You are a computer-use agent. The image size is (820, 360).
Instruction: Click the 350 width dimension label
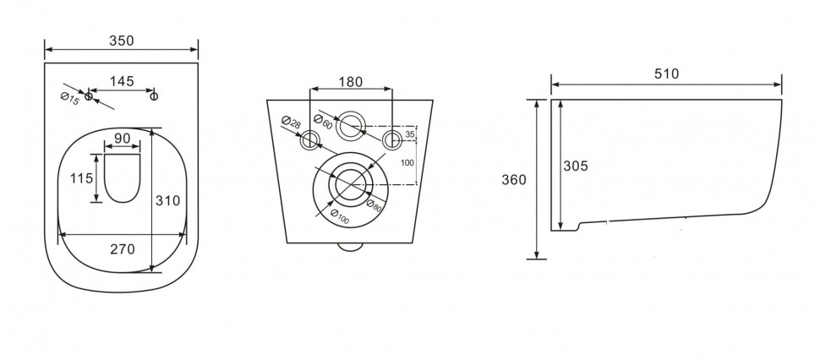click(x=122, y=41)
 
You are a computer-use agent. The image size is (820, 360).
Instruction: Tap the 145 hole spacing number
click(x=122, y=81)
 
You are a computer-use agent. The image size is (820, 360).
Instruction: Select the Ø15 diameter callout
click(x=69, y=99)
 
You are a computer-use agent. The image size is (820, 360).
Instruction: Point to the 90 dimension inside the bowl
click(x=122, y=139)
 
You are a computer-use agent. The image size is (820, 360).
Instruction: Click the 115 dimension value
click(x=82, y=178)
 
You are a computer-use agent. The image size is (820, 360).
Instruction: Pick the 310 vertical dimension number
click(x=168, y=200)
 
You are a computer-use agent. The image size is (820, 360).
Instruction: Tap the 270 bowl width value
click(x=122, y=249)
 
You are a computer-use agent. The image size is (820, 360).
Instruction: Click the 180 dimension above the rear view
click(x=350, y=82)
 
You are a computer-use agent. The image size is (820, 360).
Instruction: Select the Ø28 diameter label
click(x=291, y=123)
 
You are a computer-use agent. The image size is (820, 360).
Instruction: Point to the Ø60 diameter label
click(x=323, y=121)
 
